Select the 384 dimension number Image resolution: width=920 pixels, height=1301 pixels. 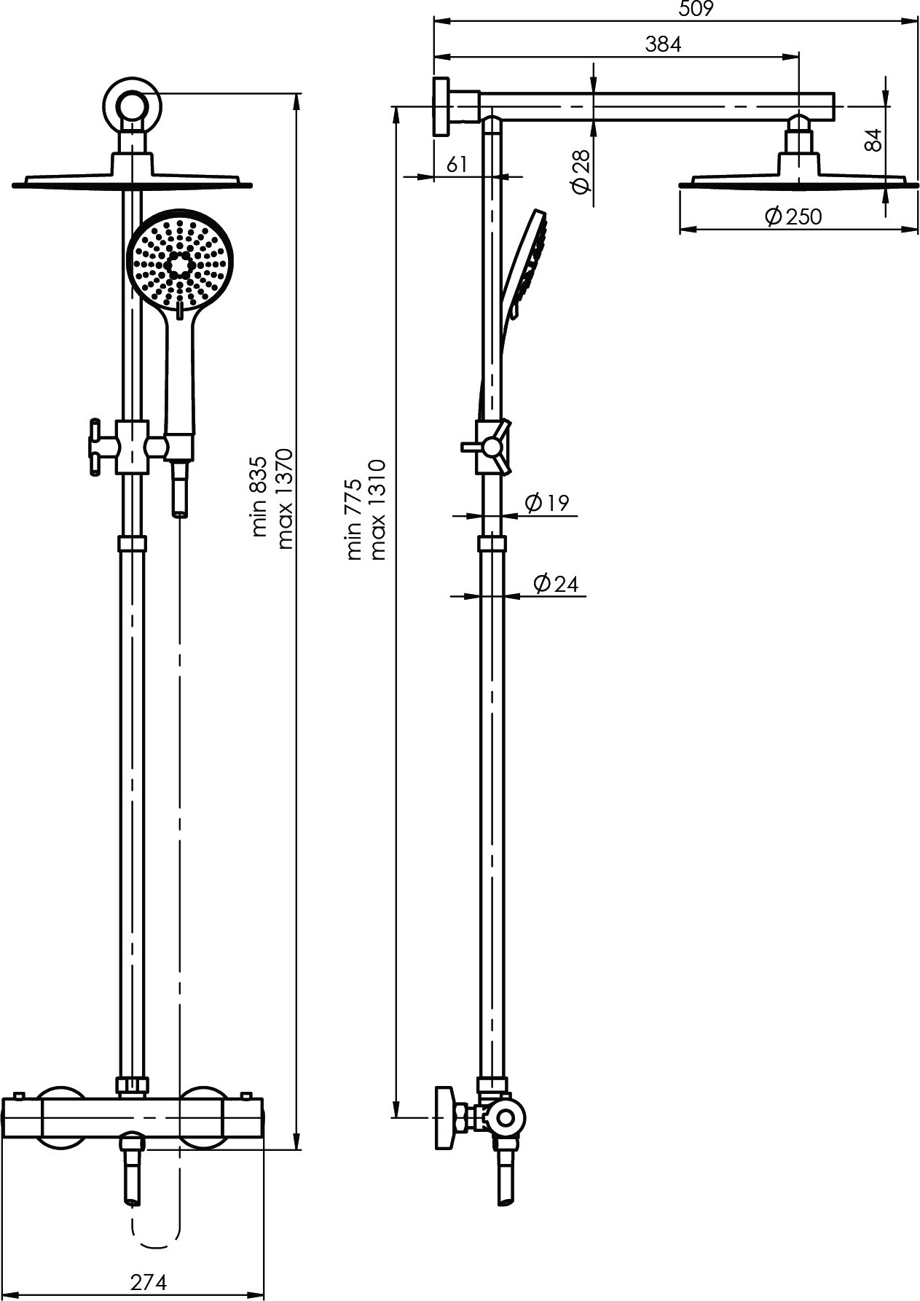click(x=663, y=44)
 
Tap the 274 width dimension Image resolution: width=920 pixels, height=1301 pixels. click(x=149, y=1281)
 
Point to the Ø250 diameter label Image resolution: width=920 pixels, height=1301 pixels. click(x=793, y=216)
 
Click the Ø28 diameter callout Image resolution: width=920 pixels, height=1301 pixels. click(x=581, y=173)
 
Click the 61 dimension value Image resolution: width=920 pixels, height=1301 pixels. click(x=457, y=165)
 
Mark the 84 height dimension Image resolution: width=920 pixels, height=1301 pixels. click(x=874, y=140)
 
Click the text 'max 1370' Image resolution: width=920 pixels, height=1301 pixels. click(x=284, y=499)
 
